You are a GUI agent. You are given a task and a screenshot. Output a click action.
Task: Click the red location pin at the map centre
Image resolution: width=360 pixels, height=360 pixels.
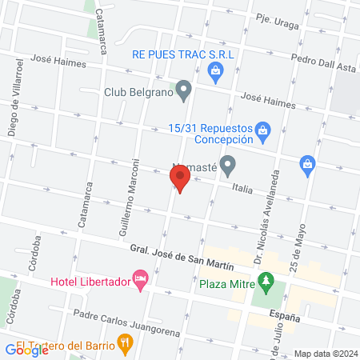pyautogui.click(x=181, y=178)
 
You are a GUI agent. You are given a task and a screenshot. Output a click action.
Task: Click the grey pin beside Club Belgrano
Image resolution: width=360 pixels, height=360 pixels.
pyautogui.click(x=184, y=90)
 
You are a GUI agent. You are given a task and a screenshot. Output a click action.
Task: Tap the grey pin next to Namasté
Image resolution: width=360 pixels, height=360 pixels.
pyautogui.click(x=228, y=167)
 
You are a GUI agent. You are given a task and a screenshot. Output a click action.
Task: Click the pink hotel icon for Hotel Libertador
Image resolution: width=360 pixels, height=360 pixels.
pyautogui.click(x=141, y=281)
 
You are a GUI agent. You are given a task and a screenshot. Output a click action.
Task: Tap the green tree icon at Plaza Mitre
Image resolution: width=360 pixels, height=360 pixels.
pyautogui.click(x=265, y=282)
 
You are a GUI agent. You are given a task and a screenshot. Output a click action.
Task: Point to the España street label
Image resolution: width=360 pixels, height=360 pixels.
pyautogui.click(x=284, y=318)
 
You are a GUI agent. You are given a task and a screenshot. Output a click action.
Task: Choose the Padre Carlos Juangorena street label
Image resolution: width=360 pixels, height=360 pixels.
pyautogui.click(x=120, y=322)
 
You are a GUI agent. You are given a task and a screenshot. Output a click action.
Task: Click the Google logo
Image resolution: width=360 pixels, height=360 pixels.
pyautogui.click(x=27, y=349)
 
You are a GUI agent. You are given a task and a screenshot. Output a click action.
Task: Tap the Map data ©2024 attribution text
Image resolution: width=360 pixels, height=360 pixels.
pyautogui.click(x=324, y=354)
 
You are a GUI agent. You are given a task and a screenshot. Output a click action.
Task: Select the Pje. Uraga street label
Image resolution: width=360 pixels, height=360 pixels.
pyautogui.click(x=277, y=18)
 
